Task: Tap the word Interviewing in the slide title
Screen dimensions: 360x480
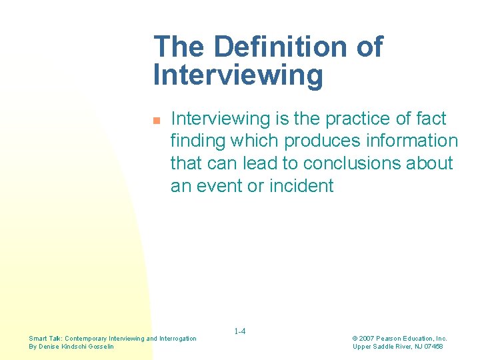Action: tap(238, 75)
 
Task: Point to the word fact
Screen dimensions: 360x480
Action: tap(431, 119)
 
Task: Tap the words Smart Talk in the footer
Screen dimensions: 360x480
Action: tap(44, 339)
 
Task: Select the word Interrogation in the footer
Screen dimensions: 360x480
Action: tap(178, 339)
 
